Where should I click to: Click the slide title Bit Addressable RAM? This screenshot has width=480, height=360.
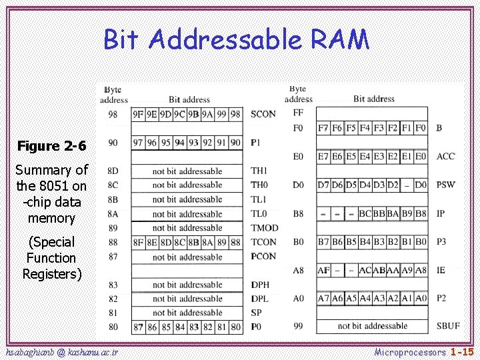pos(236,40)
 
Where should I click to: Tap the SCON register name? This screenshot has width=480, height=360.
pos(263,114)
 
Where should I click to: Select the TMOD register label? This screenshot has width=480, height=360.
pos(265,228)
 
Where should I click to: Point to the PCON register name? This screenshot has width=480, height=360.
pos(264,256)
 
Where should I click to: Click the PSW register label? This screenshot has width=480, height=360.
pos(445,184)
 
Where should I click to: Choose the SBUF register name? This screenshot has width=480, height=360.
pos(447,326)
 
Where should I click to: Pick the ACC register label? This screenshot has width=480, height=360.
pos(445,156)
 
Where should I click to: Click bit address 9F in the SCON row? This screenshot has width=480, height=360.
pos(138,114)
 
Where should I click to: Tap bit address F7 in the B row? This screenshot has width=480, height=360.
pos(323,127)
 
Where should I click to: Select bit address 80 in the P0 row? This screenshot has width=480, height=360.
pos(235,327)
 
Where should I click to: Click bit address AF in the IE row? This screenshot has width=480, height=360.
pos(323,269)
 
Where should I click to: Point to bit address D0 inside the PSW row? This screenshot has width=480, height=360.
pos(421,184)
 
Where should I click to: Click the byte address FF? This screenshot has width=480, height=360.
pos(298,113)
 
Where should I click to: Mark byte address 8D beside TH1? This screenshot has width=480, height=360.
pos(113,171)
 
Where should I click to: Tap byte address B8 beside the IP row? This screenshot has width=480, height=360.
pos(298,213)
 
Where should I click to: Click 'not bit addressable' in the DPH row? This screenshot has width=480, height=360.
pos(187,285)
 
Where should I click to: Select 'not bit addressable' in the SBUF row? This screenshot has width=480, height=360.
pos(372,326)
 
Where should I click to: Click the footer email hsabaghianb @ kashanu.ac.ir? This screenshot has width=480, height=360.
pos(62,351)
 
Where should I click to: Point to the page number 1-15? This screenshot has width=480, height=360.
pos(461,351)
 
